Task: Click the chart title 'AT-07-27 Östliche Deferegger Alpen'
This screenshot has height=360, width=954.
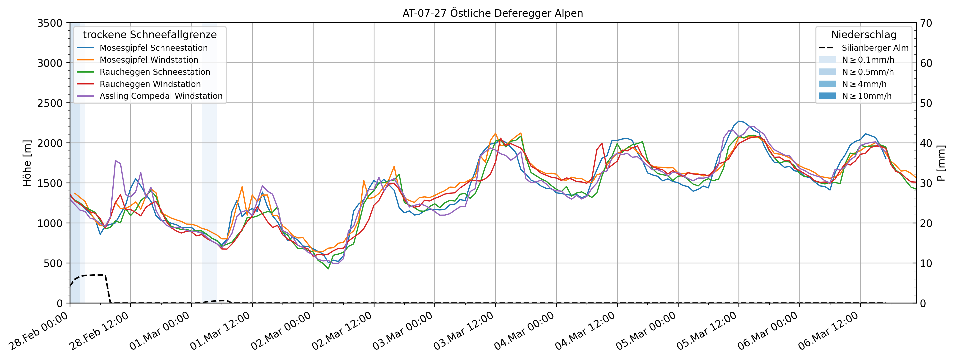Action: pyautogui.click(x=493, y=13)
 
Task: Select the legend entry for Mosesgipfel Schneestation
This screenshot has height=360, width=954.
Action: pyautogui.click(x=153, y=48)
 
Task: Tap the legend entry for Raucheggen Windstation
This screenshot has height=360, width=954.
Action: pyautogui.click(x=150, y=84)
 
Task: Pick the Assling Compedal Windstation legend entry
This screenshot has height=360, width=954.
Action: pyautogui.click(x=161, y=96)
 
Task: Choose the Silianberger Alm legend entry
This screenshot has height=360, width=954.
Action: pyautogui.click(x=875, y=48)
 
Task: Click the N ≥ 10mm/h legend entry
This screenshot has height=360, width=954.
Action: pyautogui.click(x=867, y=96)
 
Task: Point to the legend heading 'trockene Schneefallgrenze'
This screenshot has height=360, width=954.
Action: pyautogui.click(x=150, y=34)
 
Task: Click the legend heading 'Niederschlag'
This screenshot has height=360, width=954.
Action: pyautogui.click(x=864, y=34)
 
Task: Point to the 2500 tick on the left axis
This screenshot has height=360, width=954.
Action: pyautogui.click(x=50, y=103)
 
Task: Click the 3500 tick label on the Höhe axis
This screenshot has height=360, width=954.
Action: pyautogui.click(x=50, y=23)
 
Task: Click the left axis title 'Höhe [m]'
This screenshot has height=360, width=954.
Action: pyautogui.click(x=27, y=163)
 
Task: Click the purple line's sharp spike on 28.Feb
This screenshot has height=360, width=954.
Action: pyautogui.click(x=116, y=160)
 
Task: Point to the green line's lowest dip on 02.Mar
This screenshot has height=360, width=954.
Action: pyautogui.click(x=328, y=268)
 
